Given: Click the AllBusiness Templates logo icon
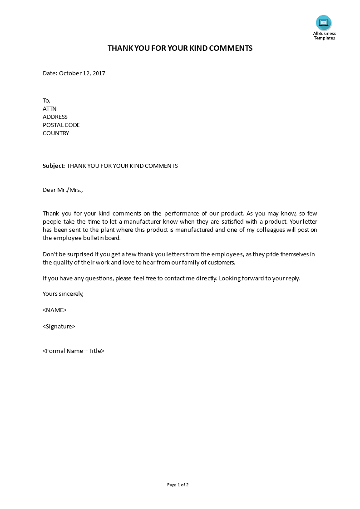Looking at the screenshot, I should (x=324, y=23).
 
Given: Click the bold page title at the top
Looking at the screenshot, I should (x=180, y=48).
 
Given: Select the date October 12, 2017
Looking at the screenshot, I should (x=82, y=73).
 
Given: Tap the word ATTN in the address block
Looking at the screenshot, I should (x=49, y=108).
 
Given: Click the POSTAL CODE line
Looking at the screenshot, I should (x=61, y=125).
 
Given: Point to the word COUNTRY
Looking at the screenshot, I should (x=56, y=133).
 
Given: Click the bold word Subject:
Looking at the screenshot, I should (x=54, y=166).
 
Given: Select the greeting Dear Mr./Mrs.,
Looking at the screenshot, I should (x=63, y=190).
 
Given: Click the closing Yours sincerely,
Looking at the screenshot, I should (x=63, y=294).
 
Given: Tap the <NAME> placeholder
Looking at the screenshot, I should (x=54, y=310).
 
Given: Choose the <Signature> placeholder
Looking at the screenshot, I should (x=59, y=326).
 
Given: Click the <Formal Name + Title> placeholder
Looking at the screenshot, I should (x=74, y=351).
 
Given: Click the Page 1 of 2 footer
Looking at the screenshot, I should (x=178, y=485).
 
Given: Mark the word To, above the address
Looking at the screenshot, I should (x=46, y=100).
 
